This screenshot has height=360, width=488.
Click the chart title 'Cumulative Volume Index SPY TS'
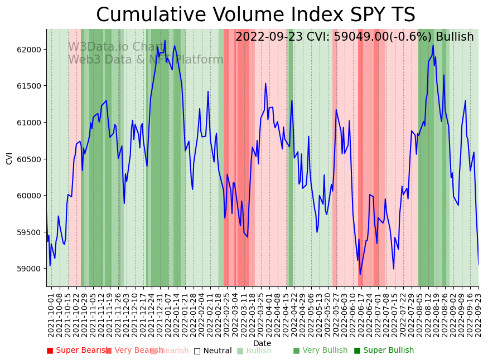click(255, 15)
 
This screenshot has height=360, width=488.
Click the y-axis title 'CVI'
click(9, 158)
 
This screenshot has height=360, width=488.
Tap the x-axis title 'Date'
click(262, 343)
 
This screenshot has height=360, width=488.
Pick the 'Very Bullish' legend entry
click(320, 351)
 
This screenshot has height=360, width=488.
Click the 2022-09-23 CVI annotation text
click(354, 37)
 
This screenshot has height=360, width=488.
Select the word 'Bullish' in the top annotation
click(455, 37)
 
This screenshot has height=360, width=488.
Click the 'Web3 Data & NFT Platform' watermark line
click(146, 60)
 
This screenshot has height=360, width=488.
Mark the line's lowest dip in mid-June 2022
click(360, 274)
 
